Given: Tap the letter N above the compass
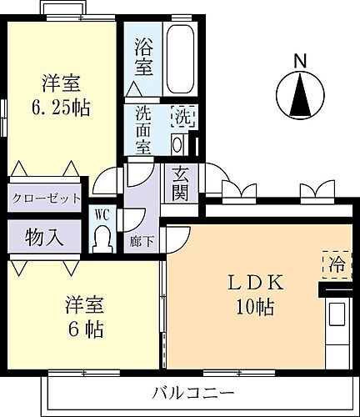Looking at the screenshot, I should (x=300, y=60).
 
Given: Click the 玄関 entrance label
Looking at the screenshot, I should (x=181, y=183).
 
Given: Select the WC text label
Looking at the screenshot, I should (x=102, y=214).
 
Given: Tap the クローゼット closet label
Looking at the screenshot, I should (x=46, y=198).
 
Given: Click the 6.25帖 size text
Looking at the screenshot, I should (x=63, y=108).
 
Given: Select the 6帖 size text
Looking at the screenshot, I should (x=83, y=329).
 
